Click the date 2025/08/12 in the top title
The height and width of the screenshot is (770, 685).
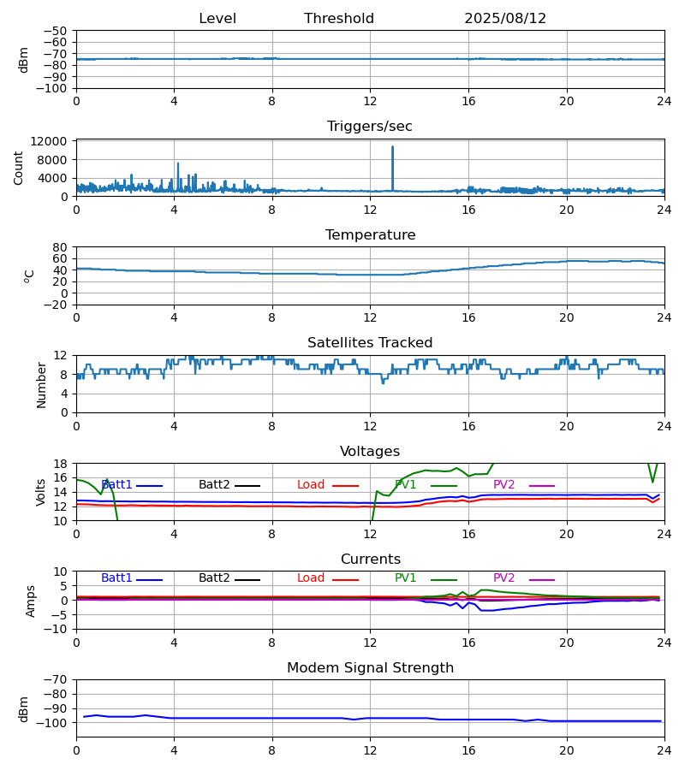tap(505, 19)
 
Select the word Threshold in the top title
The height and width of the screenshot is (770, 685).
tap(339, 19)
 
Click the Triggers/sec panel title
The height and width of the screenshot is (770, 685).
tap(370, 127)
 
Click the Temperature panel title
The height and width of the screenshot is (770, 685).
tap(370, 235)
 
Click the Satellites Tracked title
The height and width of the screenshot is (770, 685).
tap(370, 343)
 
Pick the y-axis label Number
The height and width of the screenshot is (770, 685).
tap(41, 384)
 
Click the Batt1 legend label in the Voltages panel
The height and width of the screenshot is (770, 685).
tap(116, 485)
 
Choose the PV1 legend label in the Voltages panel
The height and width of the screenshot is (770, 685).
tap(406, 485)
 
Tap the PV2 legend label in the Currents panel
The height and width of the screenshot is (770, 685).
tap(504, 578)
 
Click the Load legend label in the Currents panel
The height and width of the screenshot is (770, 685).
tap(311, 578)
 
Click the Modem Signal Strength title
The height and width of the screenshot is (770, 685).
tap(370, 668)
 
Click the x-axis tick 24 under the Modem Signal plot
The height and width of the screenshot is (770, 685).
tap(664, 750)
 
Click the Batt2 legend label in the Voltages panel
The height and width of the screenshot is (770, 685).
tap(214, 485)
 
